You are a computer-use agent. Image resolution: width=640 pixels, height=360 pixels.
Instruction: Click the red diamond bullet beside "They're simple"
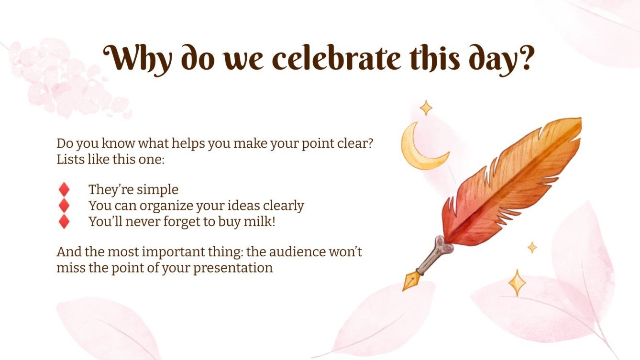pos(64,190)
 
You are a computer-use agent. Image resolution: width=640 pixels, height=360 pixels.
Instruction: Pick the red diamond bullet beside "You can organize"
pos(64,206)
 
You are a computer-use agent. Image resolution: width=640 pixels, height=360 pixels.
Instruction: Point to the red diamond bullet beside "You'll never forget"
pos(64,222)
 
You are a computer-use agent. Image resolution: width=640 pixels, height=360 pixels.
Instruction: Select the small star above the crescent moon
pos(426,108)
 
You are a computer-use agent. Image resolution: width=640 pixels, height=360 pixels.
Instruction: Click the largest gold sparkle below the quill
pos(517,283)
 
